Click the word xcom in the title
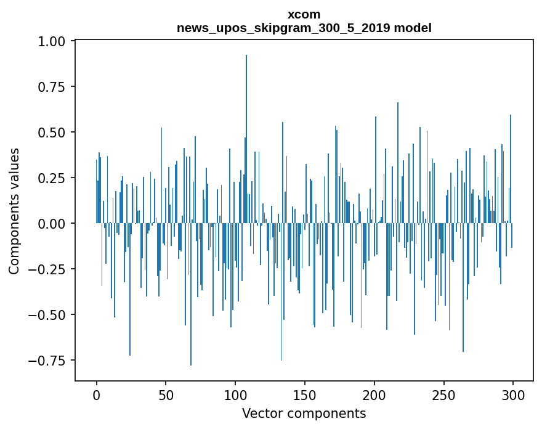coord(304,14)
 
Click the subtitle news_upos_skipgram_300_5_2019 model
coord(304,28)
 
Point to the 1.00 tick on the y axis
coord(56,41)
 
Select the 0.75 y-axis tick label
coord(56,87)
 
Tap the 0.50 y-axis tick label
coord(56,133)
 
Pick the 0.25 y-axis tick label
coord(56,178)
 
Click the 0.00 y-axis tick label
coord(56,224)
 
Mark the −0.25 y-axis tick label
coord(52,269)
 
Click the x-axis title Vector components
coord(304,414)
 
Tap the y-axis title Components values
coord(14,211)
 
